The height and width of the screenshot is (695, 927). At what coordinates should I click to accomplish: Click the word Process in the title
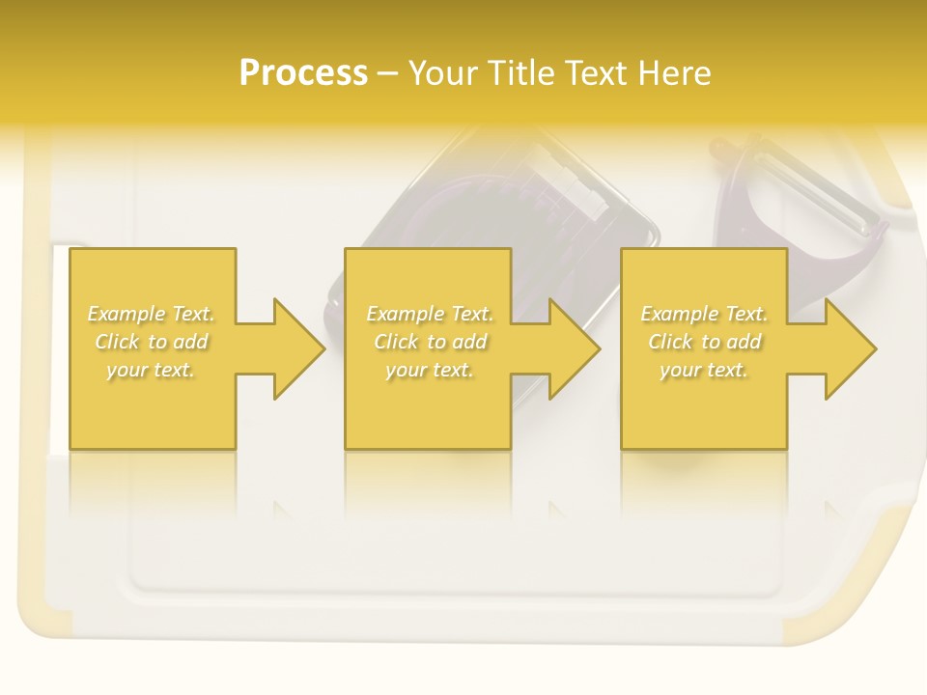[303, 72]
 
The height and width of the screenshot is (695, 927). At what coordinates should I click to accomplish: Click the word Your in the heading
[445, 72]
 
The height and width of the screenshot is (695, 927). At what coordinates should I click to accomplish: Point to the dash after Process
[388, 74]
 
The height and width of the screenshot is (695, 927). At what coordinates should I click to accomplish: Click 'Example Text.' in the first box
[151, 314]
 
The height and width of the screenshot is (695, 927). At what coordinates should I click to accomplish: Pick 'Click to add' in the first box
[151, 342]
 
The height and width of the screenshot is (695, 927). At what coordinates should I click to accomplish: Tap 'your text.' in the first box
[151, 370]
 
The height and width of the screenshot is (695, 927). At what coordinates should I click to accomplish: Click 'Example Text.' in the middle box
[429, 314]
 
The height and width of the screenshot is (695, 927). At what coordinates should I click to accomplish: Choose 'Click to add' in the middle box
[429, 342]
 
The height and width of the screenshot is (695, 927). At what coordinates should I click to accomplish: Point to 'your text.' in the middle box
[429, 370]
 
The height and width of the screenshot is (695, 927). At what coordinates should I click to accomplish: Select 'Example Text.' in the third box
[704, 314]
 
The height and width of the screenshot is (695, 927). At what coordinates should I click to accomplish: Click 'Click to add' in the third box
[704, 342]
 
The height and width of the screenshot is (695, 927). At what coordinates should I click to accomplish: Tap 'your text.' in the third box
[704, 370]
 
